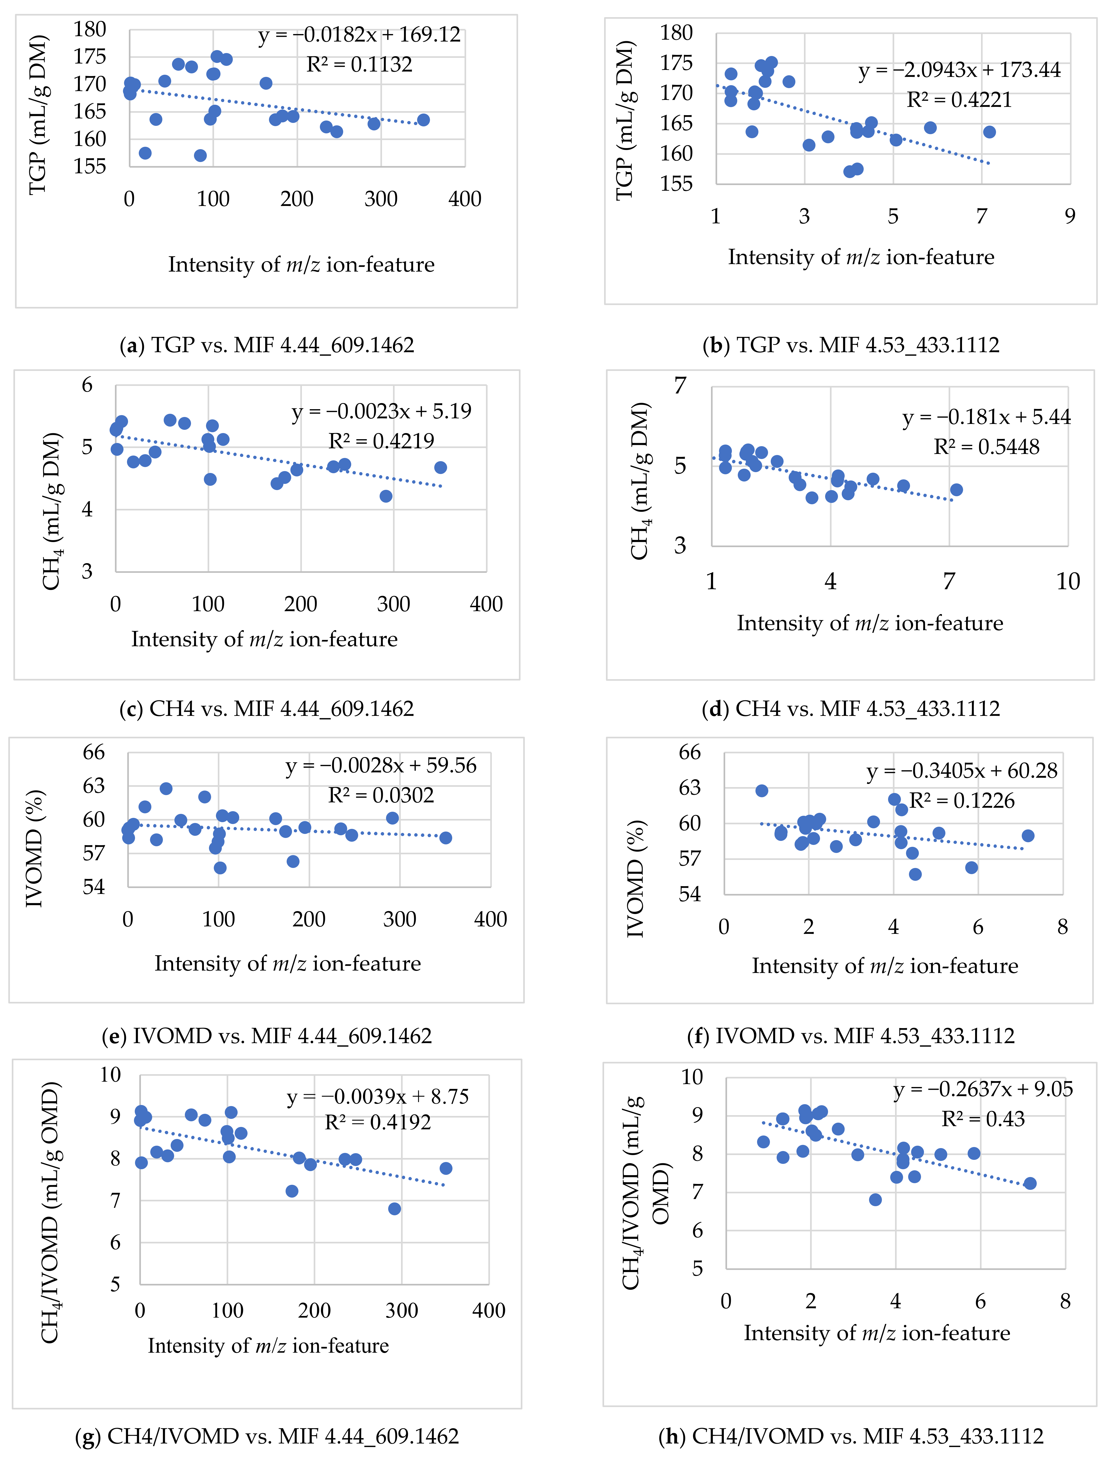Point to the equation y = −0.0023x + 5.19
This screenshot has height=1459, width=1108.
pos(381,412)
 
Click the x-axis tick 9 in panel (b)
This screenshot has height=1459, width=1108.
pos(1070,216)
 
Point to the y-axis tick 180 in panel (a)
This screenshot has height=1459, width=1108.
pos(90,30)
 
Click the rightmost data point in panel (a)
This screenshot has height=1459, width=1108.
pos(424,120)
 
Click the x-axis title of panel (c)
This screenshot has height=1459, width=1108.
pos(264,639)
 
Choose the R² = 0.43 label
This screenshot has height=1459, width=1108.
pos(983,1119)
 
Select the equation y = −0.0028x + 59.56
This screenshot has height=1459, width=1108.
pos(381,766)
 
